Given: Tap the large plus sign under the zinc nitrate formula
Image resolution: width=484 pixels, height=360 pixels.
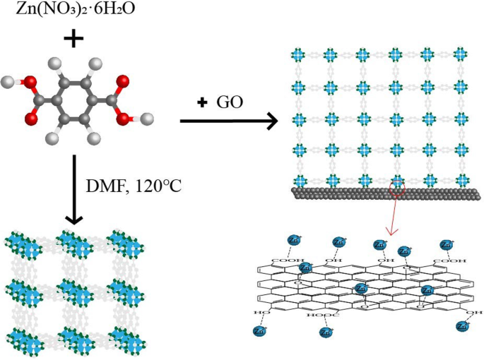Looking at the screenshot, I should coord(72,39).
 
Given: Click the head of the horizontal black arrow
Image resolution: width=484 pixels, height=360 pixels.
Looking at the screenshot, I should coord(271,122).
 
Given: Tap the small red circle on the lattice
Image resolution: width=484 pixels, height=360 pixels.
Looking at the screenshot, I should coord(397,186).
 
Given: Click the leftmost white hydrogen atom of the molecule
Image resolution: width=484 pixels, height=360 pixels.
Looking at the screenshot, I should coord(9,84).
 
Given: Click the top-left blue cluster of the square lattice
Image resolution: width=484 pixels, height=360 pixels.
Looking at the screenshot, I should coord(297,54).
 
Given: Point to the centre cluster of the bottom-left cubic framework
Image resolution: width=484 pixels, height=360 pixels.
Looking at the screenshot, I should coord(78,292).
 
